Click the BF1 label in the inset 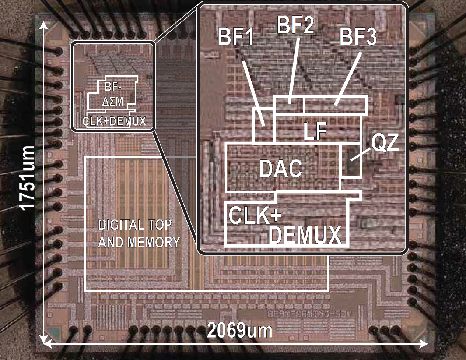click(x=236, y=37)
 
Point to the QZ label click(x=385, y=143)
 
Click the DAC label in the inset click(x=281, y=169)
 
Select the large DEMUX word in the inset click(x=305, y=235)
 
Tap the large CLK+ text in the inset click(x=255, y=215)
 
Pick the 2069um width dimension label click(x=239, y=331)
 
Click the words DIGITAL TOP click(x=135, y=225)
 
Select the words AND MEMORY click(x=139, y=242)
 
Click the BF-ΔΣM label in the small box click(x=113, y=94)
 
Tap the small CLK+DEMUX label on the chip click(x=114, y=121)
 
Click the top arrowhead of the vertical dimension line click(x=43, y=25)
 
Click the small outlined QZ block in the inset click(x=351, y=161)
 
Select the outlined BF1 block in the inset click(x=264, y=125)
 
